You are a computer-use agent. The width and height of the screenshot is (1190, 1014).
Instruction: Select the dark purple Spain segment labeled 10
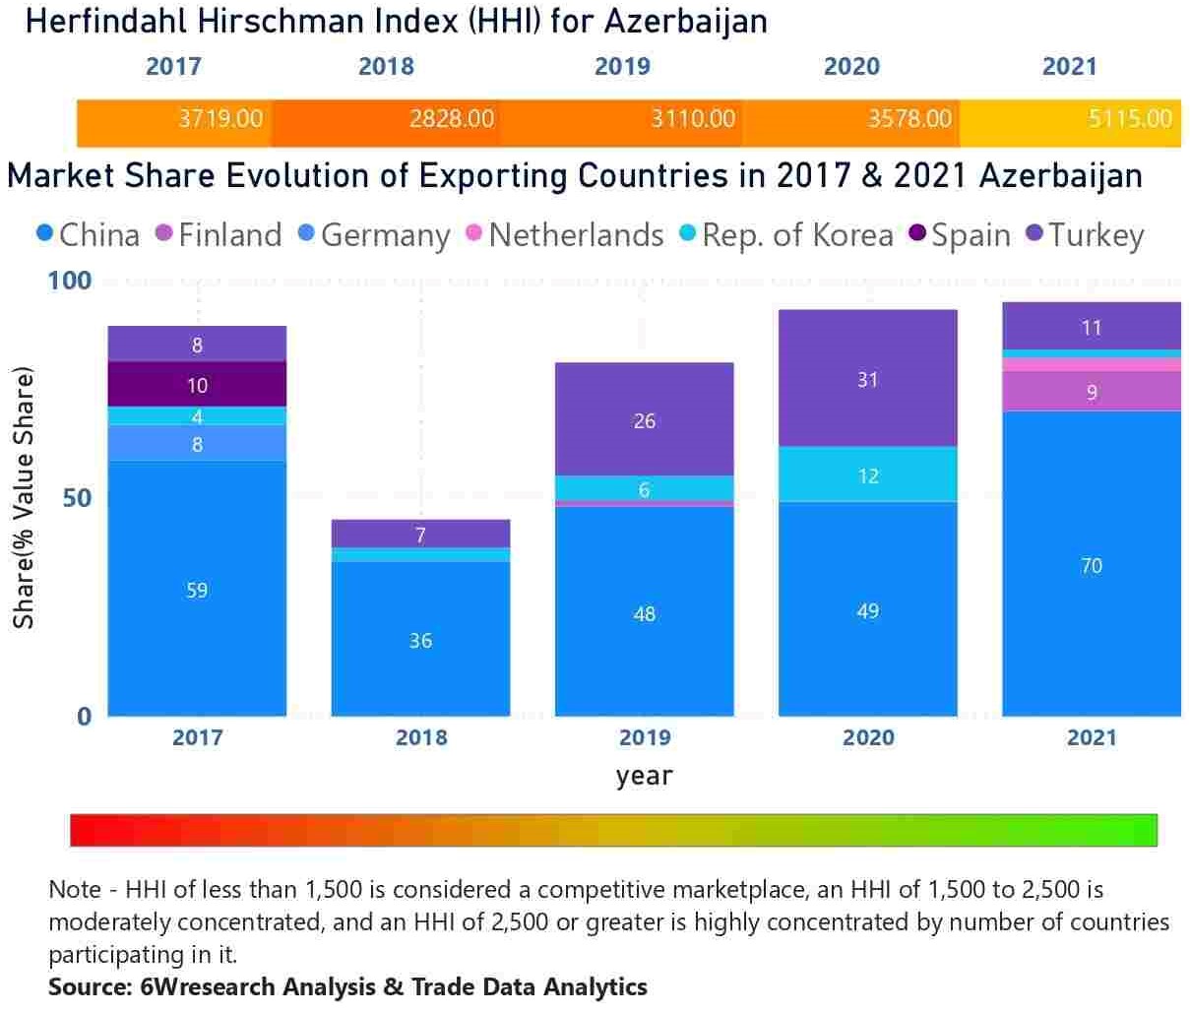197,384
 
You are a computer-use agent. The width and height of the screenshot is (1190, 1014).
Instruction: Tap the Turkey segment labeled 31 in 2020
867,379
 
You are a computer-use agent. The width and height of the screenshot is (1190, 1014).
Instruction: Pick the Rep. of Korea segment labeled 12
867,475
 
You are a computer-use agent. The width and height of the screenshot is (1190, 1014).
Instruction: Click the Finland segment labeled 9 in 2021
1091,391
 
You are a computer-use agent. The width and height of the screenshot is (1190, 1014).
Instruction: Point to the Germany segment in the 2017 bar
197,443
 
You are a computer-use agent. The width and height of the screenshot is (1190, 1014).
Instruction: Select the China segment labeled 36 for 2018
420,639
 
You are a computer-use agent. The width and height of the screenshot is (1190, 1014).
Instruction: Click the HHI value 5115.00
1130,119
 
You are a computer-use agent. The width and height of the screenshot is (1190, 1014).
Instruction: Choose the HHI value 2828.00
452,119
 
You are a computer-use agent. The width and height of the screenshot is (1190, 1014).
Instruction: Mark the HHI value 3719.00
220,119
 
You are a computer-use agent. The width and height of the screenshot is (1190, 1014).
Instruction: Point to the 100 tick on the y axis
69,281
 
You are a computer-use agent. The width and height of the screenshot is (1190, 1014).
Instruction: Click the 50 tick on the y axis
77,498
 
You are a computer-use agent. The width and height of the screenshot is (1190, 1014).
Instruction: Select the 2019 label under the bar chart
645,737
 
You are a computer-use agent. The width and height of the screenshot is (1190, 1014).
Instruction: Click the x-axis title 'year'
645,776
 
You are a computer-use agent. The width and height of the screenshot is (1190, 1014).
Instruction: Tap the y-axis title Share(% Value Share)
24,498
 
